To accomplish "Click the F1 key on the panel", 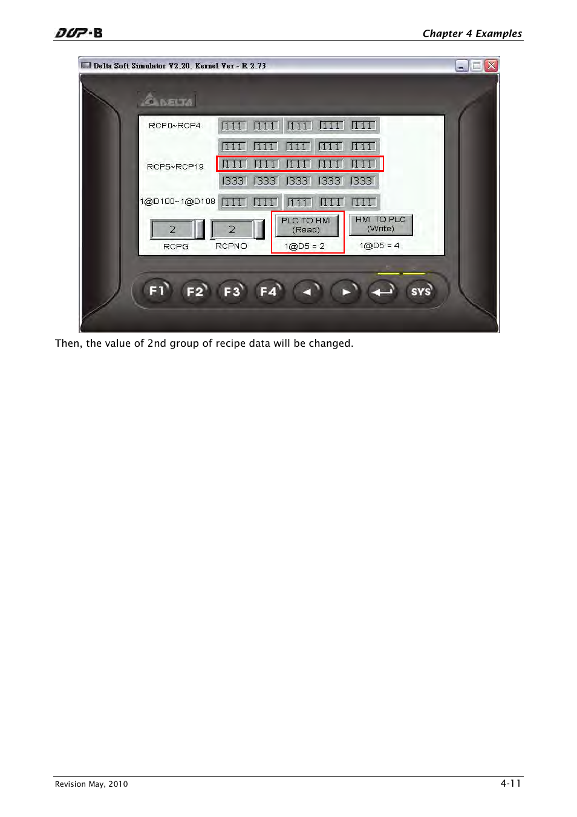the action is tap(157, 291).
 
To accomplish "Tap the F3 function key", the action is tap(232, 292).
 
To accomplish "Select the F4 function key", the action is tap(269, 292).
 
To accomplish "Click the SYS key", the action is tap(420, 292).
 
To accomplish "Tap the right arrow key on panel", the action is tap(345, 292).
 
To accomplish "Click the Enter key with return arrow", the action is tap(382, 292).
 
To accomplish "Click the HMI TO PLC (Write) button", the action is tap(380, 225).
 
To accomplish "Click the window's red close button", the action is tap(491, 65).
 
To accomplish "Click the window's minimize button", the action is tap(461, 65).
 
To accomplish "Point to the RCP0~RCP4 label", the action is tap(174, 126).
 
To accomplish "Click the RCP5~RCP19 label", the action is tap(175, 166).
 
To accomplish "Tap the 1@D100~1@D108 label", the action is tap(177, 202).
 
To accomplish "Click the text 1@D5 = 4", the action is tap(379, 246).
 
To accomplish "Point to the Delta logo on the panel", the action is tap(167, 100).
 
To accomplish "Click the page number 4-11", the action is tap(510, 783).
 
